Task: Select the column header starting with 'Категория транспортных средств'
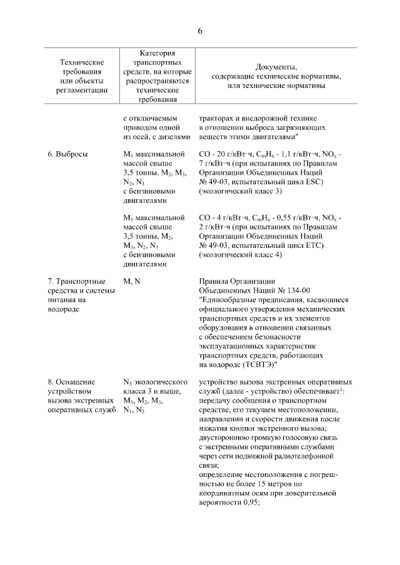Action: [x=153, y=76]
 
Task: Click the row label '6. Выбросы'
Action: [x=67, y=153]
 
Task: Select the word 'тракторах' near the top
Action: [x=216, y=117]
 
